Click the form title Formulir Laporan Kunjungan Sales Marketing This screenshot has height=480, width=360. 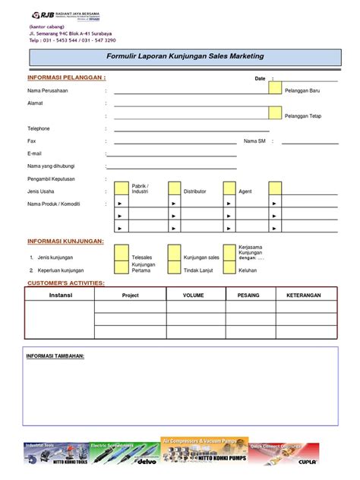pos(182,56)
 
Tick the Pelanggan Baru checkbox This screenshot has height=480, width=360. pos(275,89)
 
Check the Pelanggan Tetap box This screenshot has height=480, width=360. pos(275,113)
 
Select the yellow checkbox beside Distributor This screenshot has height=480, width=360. pos(175,188)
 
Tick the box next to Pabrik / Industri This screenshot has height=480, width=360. pos(122,188)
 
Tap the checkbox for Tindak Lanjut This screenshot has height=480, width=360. pos(175,267)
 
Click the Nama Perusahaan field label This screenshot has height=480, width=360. pos(49,90)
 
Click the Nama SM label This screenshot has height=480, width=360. pos(254,141)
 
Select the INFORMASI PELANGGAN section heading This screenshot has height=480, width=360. pos(65,77)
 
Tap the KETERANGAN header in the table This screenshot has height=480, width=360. pos(303,295)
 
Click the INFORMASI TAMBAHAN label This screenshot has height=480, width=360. pos(55,355)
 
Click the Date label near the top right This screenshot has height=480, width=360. pos(260,78)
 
